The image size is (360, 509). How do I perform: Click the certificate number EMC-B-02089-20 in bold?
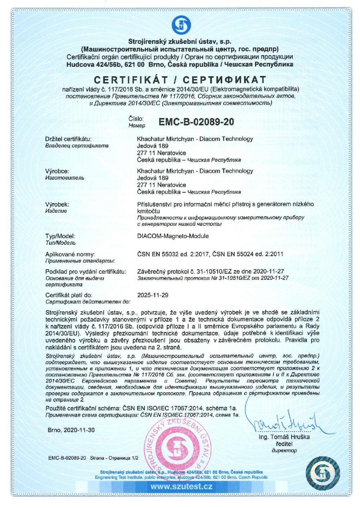pyautogui.click(x=196, y=122)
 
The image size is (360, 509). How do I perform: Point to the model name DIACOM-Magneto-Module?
pyautogui.click(x=173, y=236)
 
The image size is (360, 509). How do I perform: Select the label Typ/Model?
pyautogui.click(x=60, y=236)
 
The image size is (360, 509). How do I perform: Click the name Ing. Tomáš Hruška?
pyautogui.click(x=284, y=437)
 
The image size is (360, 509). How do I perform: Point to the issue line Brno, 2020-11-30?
pyautogui.click(x=71, y=430)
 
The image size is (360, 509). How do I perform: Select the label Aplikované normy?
pyautogui.click(x=70, y=254)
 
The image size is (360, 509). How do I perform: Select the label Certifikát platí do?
pyautogui.click(x=69, y=295)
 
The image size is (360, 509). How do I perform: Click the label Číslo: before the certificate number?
pyautogui.click(x=136, y=118)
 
